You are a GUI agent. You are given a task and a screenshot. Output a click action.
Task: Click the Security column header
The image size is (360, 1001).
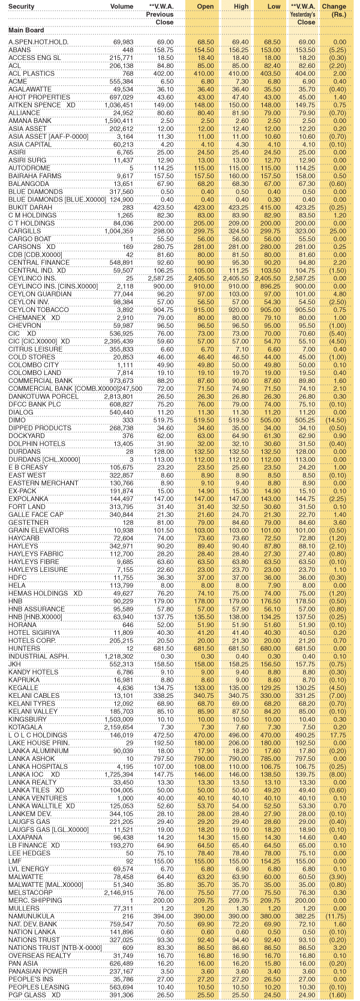pos(22,6)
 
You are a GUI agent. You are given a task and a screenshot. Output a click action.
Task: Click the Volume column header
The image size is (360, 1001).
pos(122,6)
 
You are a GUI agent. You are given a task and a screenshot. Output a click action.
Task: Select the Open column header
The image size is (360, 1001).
pos(206,6)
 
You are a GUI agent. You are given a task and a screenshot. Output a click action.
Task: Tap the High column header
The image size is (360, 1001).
pos(241,6)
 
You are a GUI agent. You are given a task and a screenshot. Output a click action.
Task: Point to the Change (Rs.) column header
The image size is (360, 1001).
pos(334,10)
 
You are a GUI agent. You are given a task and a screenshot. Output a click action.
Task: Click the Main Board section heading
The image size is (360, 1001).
pos(26,29)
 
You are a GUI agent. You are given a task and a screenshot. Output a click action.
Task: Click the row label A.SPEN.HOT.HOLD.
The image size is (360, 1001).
pos(38,41)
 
